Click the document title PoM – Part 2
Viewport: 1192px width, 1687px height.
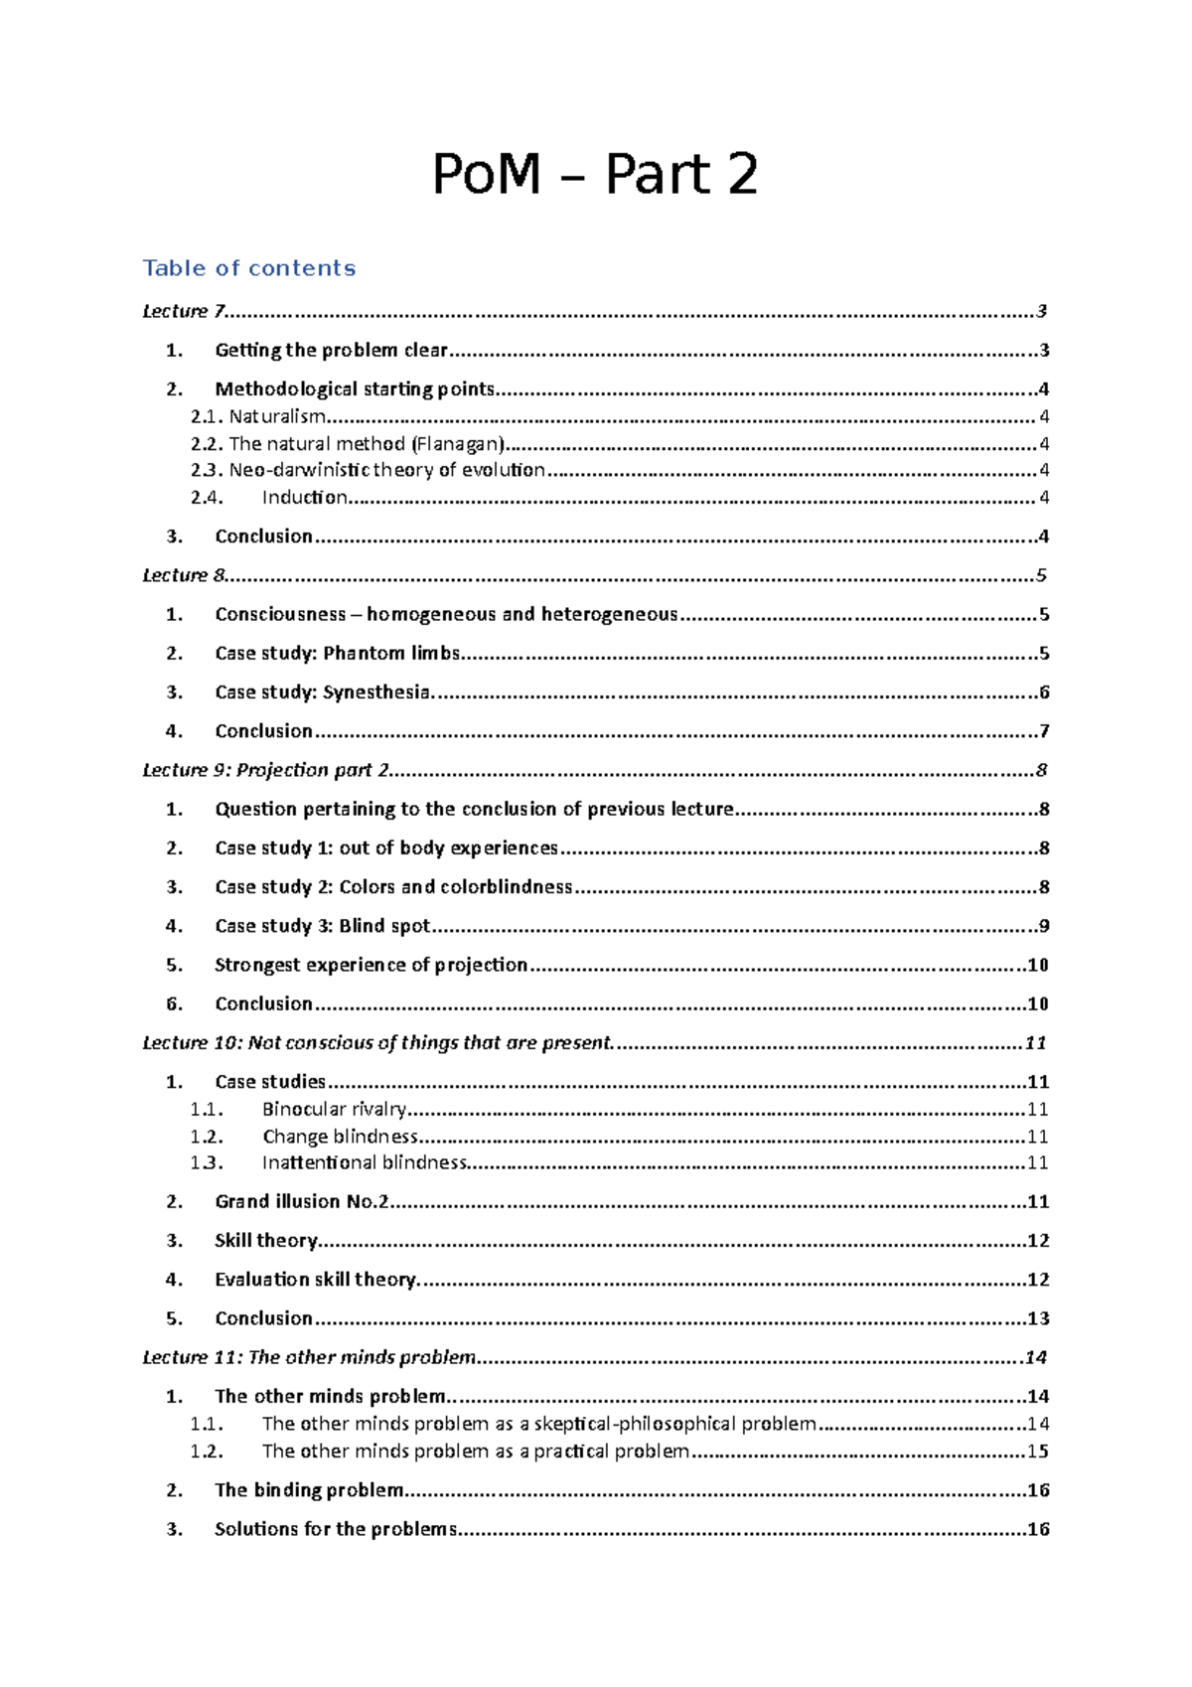595,175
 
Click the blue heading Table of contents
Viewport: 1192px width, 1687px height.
248,268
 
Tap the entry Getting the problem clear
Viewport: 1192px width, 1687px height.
331,350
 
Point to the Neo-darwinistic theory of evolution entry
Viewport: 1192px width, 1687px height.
386,470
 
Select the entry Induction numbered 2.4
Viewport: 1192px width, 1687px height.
304,498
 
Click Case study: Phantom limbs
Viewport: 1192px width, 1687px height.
337,653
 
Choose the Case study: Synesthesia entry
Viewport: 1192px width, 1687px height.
322,691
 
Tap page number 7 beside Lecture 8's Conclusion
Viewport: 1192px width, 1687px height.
1044,731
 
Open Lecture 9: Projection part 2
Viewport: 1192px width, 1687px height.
265,770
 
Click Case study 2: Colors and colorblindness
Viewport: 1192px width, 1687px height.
393,886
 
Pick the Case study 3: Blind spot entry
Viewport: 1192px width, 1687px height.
322,926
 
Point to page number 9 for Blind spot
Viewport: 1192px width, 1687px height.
1044,926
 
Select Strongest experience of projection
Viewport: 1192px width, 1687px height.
371,965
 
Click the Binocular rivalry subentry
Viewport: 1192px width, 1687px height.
334,1109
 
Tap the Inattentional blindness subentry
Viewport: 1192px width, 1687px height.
364,1162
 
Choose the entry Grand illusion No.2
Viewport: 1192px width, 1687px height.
301,1201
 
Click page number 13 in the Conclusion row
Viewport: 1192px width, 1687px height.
1038,1318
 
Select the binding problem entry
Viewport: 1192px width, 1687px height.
309,1489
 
